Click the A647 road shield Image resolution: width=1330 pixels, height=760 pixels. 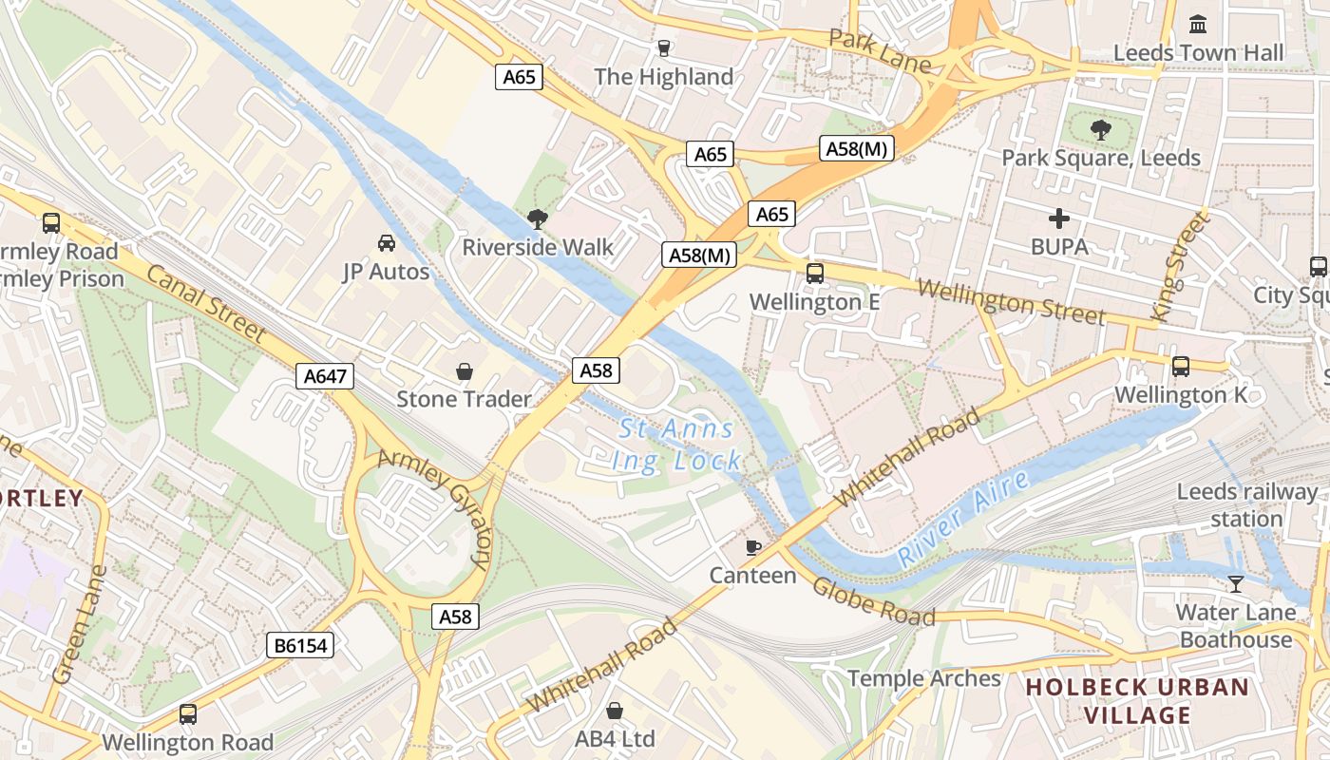(325, 376)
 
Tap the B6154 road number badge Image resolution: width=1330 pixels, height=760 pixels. (300, 646)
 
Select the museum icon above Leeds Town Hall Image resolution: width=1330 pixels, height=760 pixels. (1198, 24)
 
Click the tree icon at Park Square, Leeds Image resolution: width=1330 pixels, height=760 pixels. (1101, 130)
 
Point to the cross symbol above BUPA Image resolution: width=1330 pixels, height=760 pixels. (1059, 218)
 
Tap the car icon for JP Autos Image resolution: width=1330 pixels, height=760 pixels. (387, 243)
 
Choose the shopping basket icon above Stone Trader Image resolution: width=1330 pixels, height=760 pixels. (465, 371)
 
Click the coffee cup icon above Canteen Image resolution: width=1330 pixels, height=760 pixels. (753, 547)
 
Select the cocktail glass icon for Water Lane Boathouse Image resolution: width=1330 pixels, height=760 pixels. (1235, 583)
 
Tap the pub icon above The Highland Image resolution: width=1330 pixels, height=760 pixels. (663, 47)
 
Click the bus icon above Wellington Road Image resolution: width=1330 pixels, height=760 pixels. (188, 713)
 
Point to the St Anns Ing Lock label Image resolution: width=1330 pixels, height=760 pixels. (678, 445)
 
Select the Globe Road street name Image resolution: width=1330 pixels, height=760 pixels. (872, 600)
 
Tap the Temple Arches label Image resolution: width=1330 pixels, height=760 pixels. (923, 678)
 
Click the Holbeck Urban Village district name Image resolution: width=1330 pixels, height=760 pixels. (1137, 700)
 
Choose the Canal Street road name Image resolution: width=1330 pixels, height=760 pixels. (206, 302)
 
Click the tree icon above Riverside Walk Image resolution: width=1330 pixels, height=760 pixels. (538, 219)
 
